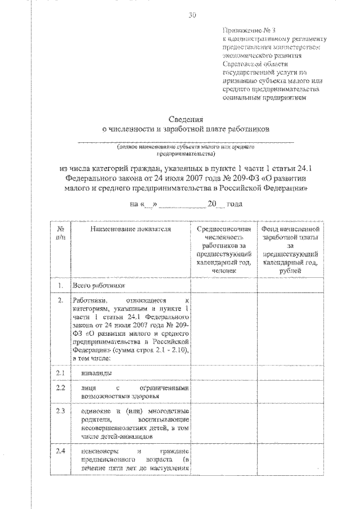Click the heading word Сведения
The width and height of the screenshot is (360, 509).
point(186,119)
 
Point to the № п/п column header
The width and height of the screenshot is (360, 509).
point(60,234)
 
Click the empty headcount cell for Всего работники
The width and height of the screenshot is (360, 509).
point(222,286)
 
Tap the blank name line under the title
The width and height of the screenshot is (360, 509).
point(186,141)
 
